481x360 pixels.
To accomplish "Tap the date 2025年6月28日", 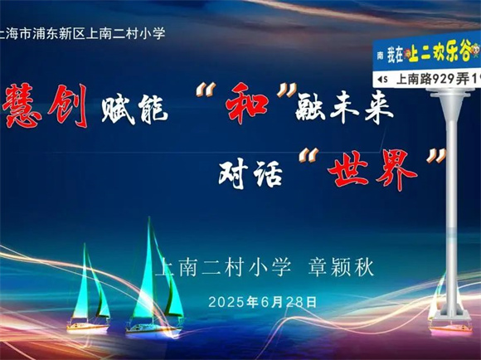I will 263,302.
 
